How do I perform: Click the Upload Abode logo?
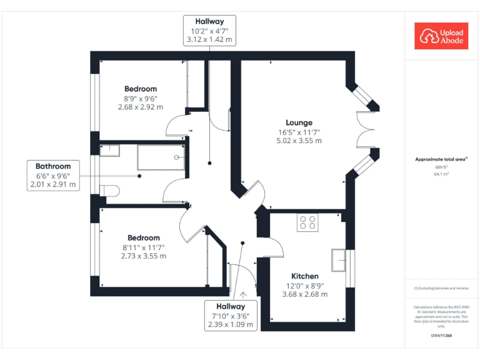[x=441, y=36]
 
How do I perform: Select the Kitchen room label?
[x=304, y=276]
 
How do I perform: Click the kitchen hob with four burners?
[x=307, y=223]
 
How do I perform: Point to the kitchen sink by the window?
[x=339, y=260]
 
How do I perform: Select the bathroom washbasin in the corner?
[x=109, y=149]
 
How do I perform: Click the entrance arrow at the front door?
[x=242, y=291]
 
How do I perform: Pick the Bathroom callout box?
[x=53, y=175]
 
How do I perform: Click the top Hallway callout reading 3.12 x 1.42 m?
[x=209, y=30]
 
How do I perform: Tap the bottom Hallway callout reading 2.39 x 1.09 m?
[x=231, y=315]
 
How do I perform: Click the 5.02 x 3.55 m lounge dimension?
[x=299, y=141]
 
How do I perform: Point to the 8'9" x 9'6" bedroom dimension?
[x=141, y=98]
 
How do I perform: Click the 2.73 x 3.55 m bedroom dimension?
[x=144, y=256]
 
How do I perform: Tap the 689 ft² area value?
[x=441, y=167]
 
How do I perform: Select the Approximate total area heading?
[x=441, y=159]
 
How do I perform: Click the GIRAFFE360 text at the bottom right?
[x=441, y=336]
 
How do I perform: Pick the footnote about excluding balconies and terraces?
[x=441, y=288]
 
